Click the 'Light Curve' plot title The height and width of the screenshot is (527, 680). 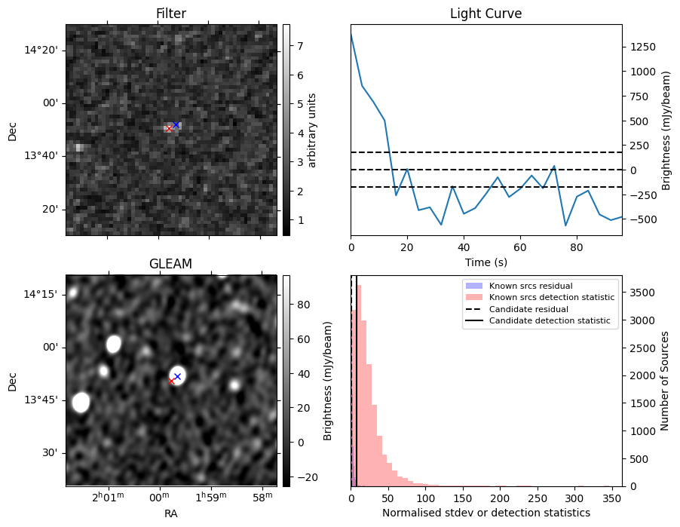pos(485,14)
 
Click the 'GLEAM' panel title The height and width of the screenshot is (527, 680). pos(171,264)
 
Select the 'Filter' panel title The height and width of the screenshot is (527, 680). pos(171,14)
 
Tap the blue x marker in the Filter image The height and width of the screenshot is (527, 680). pos(176,124)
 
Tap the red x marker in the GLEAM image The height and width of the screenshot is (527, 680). pos(171,381)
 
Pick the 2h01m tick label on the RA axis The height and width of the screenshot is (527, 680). pos(108,498)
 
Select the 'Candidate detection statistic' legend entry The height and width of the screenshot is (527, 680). pos(552,321)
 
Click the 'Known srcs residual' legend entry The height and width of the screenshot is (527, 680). pos(530,286)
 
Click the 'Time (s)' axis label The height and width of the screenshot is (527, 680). pos(486,262)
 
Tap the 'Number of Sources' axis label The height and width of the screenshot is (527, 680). pos(666,381)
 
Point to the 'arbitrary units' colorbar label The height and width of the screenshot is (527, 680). pos(312,130)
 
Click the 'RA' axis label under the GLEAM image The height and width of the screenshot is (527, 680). pos(171,513)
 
